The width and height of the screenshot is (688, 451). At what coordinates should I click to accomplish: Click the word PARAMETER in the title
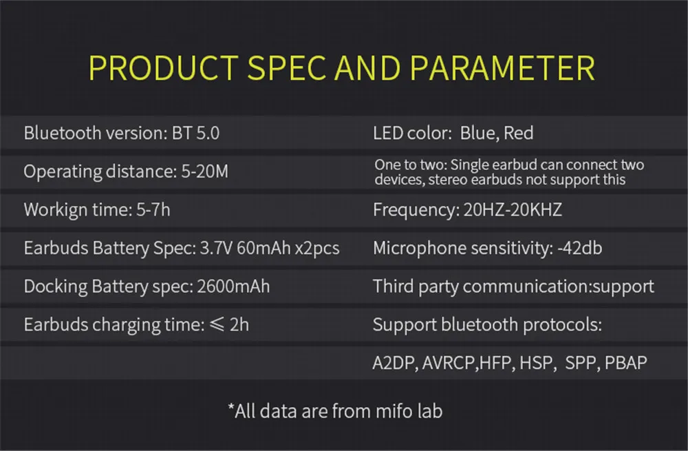(x=502, y=68)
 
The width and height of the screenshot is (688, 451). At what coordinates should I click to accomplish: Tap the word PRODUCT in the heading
(x=164, y=68)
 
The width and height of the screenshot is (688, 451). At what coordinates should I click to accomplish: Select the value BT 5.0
(x=195, y=133)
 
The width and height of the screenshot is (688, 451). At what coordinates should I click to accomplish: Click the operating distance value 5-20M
(x=205, y=171)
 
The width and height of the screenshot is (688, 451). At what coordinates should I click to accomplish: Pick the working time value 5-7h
(x=153, y=210)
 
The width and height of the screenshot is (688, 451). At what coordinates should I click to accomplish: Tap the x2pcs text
(x=317, y=249)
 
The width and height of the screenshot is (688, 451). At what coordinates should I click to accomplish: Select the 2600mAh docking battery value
(x=233, y=286)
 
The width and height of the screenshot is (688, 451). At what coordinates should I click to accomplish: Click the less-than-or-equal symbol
(x=217, y=324)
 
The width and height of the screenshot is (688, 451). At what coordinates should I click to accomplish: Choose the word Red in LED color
(x=518, y=133)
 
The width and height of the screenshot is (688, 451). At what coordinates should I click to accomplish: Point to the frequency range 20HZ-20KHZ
(x=513, y=210)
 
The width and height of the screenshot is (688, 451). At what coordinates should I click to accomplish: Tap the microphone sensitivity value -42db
(x=579, y=248)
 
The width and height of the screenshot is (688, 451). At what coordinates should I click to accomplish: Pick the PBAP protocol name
(x=625, y=363)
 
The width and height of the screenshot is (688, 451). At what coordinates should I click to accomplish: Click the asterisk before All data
(x=230, y=407)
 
